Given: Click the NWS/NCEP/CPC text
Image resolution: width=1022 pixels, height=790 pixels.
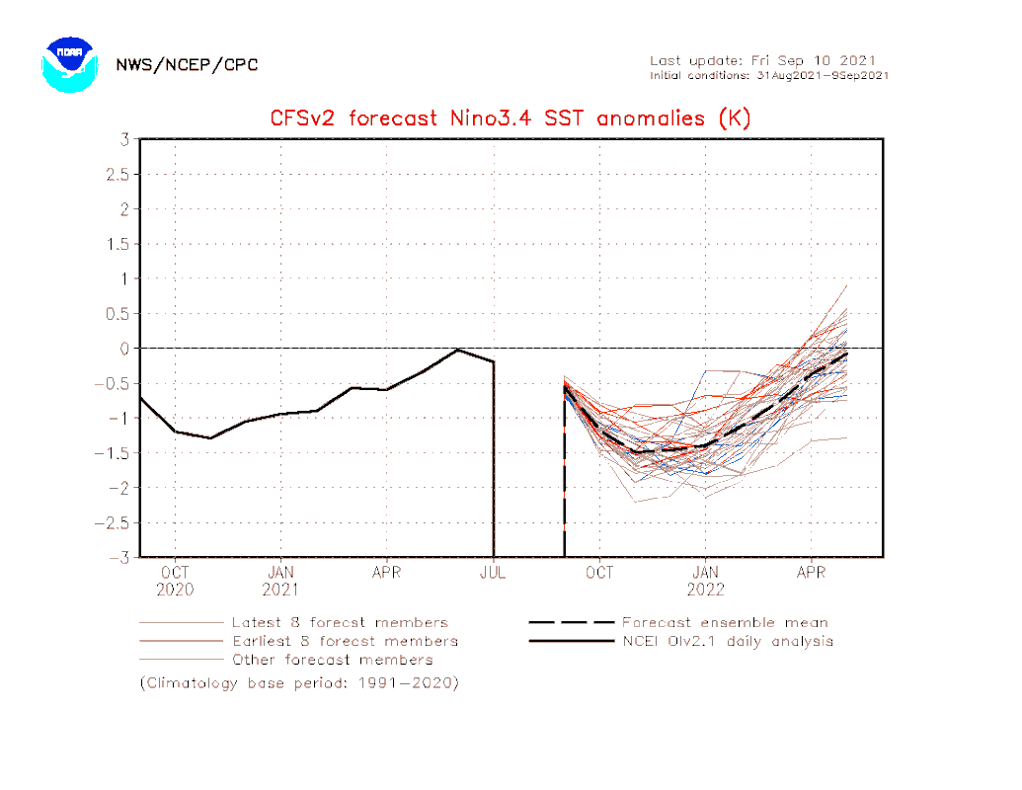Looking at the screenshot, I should pos(187,65).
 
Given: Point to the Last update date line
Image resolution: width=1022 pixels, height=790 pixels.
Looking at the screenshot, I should pos(762,60).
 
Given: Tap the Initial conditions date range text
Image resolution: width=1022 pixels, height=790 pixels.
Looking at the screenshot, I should pos(769,75).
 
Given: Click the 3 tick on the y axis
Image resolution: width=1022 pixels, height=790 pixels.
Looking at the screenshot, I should pos(125,139).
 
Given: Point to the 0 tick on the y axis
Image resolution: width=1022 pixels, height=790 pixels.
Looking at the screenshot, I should pos(125,349).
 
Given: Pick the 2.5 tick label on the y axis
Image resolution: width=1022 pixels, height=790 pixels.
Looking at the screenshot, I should pos(118,175).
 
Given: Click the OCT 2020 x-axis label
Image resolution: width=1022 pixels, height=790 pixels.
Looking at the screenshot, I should pos(175,581).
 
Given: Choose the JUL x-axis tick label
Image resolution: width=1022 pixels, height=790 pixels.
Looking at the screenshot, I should pos(493,573).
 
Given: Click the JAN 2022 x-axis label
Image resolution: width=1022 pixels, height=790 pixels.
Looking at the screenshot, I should pos(705,581).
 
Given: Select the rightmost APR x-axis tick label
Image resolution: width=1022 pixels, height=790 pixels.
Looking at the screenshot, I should pos(811,573).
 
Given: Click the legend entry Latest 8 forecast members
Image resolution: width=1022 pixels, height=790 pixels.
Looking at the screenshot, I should pos(339,623).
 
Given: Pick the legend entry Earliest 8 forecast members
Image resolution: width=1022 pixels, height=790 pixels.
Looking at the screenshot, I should pos(344,641).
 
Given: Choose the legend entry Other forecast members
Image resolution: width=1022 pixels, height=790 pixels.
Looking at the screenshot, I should pos(332,659).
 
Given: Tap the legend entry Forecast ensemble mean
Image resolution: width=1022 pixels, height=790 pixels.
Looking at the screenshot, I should pos(725,623).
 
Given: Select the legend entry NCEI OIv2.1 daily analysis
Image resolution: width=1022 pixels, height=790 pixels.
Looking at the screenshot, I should pos(727,641).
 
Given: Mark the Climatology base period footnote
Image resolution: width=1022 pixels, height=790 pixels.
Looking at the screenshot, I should pos(299,682).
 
